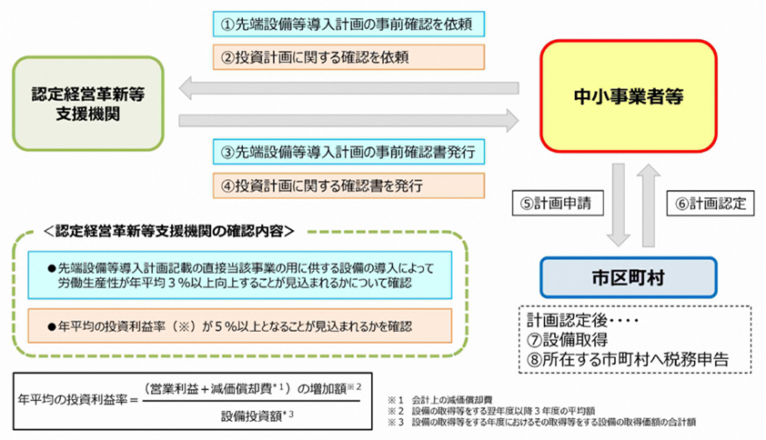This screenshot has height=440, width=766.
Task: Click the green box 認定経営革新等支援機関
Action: click(x=88, y=104)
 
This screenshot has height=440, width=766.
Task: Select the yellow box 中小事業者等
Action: click(x=629, y=96)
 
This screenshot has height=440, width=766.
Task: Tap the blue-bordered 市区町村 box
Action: click(x=629, y=277)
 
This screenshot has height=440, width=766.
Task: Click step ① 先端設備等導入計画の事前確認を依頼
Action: click(x=348, y=24)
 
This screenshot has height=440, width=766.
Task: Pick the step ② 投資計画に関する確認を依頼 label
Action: click(x=348, y=57)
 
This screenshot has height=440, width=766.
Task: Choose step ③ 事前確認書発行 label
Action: click(x=348, y=152)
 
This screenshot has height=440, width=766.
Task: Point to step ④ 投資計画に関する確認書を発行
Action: click(x=348, y=185)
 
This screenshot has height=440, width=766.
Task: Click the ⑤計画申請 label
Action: click(x=558, y=203)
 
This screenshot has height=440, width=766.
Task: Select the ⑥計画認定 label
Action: click(x=711, y=203)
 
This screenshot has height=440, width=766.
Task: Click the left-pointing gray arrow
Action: click(x=348, y=88)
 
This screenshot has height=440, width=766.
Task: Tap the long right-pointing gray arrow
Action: click(x=348, y=121)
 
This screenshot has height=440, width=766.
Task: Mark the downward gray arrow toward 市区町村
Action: click(x=619, y=205)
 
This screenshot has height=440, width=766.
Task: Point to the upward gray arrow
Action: click(x=649, y=205)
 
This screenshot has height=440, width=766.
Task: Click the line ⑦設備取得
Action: click(x=567, y=340)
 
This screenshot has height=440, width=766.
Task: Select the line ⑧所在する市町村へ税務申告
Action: click(x=628, y=360)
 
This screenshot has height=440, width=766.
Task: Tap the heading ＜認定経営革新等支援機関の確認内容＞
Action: click(x=169, y=231)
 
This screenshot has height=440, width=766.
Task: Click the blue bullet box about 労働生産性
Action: click(x=240, y=275)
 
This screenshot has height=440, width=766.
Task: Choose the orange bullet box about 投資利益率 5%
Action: click(x=240, y=325)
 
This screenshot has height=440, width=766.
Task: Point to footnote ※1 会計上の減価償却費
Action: click(x=439, y=400)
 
